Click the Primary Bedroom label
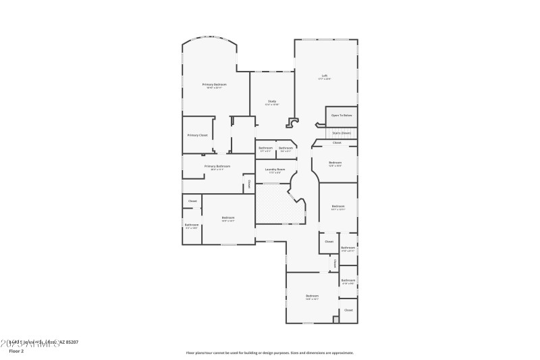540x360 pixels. pos(214,84)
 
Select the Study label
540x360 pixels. pos(271,101)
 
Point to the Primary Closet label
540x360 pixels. pos(197,135)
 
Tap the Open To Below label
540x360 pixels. pos(342,115)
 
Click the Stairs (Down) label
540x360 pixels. pos(342,133)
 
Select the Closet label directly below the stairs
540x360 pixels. pos(337,143)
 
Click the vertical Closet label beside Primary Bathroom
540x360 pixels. pos(248,183)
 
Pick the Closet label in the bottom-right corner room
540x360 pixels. pos(348,310)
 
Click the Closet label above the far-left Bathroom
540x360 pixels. pos(192,201)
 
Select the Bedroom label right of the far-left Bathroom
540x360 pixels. pos(228,217)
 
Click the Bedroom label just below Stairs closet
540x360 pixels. pos(335,163)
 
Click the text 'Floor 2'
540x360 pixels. pos(16,351)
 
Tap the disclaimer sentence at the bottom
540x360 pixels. pos(269,352)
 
